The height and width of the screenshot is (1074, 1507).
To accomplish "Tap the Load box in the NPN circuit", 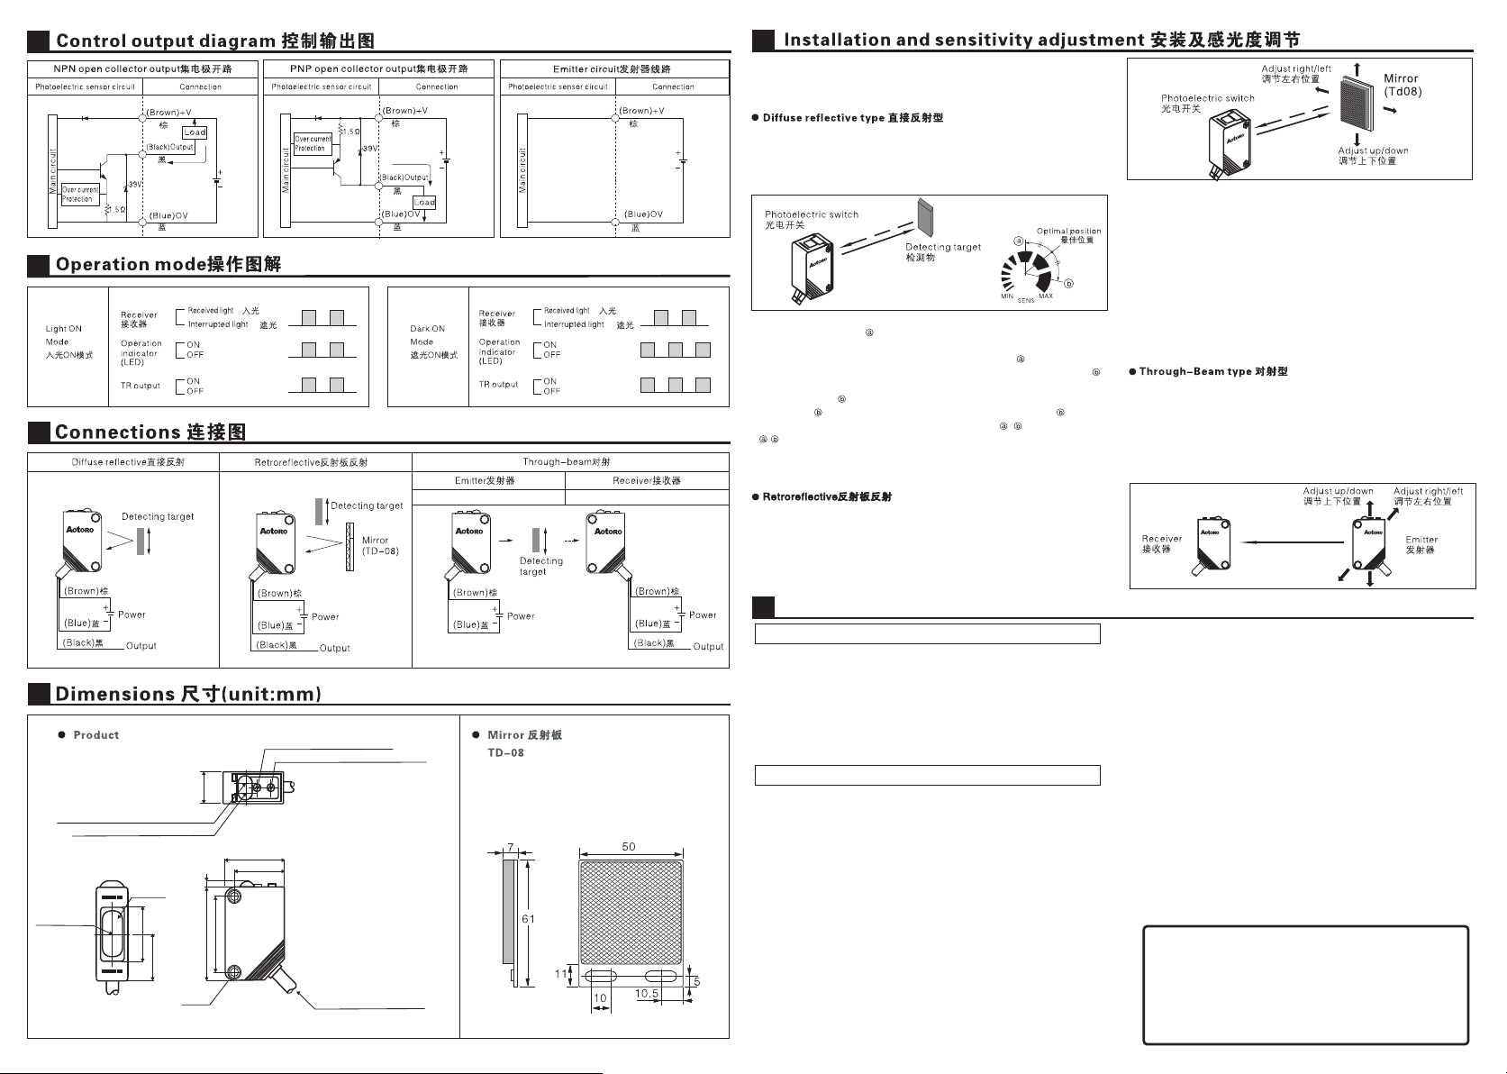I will (195, 132).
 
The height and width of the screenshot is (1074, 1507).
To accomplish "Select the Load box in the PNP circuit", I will (424, 202).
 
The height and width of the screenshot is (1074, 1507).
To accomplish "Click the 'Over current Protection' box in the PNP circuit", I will (313, 143).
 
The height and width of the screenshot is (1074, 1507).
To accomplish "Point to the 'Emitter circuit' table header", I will (613, 69).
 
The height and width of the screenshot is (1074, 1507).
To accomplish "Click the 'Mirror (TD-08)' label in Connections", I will (379, 545).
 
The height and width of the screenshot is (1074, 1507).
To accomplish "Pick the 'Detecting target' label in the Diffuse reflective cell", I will (158, 516).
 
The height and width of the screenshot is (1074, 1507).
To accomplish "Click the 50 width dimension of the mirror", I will (629, 847).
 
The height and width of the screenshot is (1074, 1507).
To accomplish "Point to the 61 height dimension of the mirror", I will (529, 919).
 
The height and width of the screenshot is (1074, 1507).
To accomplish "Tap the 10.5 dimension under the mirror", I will (647, 993).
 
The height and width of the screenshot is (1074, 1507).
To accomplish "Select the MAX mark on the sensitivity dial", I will (1046, 296).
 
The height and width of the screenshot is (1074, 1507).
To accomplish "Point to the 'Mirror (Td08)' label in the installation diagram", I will (1402, 85).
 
